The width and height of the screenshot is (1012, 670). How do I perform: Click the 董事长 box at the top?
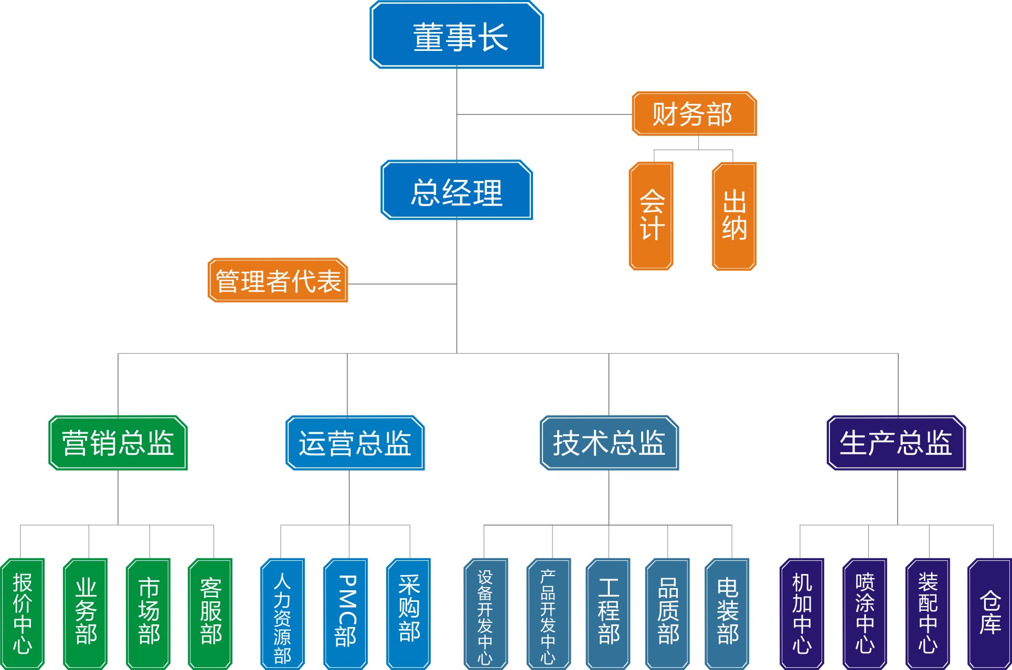(x=456, y=35)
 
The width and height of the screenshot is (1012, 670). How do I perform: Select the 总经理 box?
(x=456, y=190)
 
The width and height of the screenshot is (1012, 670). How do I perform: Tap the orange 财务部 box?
(x=694, y=114)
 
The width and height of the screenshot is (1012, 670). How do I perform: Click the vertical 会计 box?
(x=651, y=216)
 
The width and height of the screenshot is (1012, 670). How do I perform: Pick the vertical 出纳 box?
(x=734, y=216)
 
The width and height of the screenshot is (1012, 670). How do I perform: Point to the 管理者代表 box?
(x=278, y=280)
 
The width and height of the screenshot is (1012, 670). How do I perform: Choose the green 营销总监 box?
(x=118, y=443)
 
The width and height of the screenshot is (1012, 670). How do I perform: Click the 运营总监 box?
(x=355, y=443)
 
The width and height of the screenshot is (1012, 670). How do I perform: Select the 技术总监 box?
(x=609, y=443)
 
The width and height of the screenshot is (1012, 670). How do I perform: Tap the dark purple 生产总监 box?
(x=896, y=443)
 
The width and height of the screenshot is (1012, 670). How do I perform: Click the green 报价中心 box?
(x=22, y=613)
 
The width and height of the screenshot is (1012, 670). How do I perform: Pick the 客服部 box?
(x=210, y=613)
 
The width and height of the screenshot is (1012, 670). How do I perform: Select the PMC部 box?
(x=345, y=613)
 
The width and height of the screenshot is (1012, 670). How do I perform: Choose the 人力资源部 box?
(x=282, y=613)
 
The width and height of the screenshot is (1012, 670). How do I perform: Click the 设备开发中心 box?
(x=485, y=613)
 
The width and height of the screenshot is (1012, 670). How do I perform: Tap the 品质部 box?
(x=667, y=613)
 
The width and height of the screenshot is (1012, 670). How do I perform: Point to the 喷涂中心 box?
(x=865, y=613)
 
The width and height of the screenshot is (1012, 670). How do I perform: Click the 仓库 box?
(x=989, y=613)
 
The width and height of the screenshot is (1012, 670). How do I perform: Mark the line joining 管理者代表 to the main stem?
(x=402, y=284)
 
